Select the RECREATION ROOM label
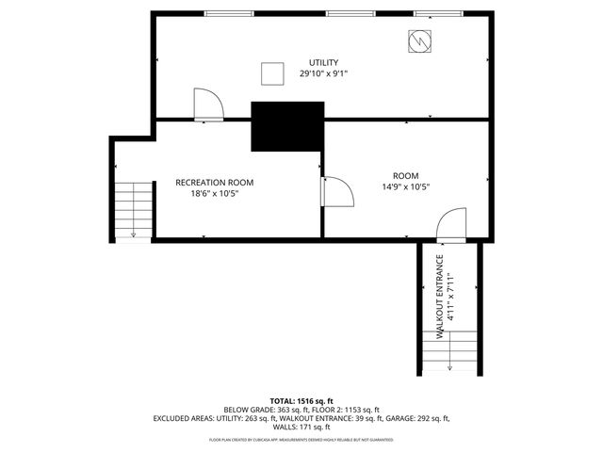click(214, 182)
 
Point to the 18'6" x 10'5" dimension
click(214, 193)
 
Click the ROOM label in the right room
click(406, 175)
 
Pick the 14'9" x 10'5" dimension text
click(406, 186)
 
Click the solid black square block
click(286, 127)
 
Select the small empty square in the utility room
click(272, 73)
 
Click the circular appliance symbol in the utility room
click(418, 41)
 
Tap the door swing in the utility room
click(206, 105)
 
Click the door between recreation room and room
click(336, 191)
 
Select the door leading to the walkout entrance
click(451, 226)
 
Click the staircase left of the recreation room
click(133, 211)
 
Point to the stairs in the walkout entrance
click(450, 356)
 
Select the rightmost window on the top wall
click(432, 13)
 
